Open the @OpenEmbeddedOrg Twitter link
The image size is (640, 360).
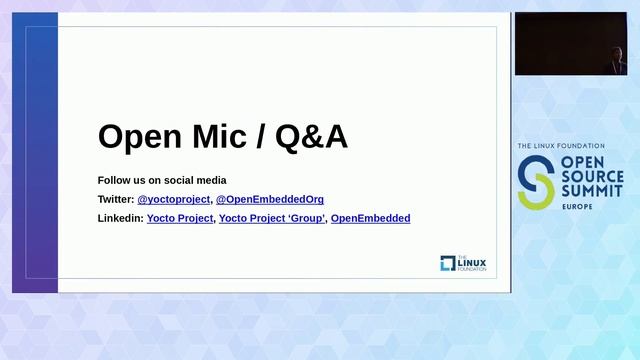pyautogui.click(x=270, y=199)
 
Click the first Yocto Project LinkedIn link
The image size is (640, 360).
pyautogui.click(x=180, y=218)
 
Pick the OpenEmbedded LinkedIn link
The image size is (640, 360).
pyautogui.click(x=370, y=218)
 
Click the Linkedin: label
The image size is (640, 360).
pyautogui.click(x=120, y=218)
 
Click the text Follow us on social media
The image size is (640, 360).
pyautogui.click(x=162, y=180)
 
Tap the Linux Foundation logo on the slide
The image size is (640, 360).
pyautogui.click(x=461, y=263)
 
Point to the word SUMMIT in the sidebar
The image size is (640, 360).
pyautogui.click(x=590, y=190)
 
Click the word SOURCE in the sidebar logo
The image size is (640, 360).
pyautogui.click(x=591, y=175)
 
